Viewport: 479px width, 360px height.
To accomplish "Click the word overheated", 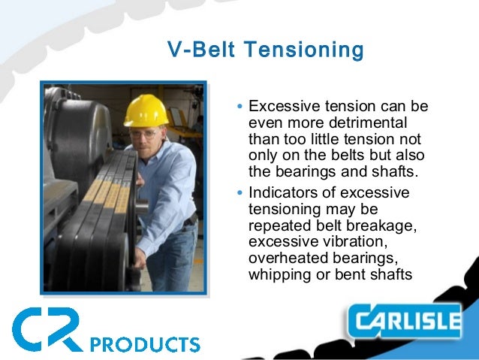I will (284, 259).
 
